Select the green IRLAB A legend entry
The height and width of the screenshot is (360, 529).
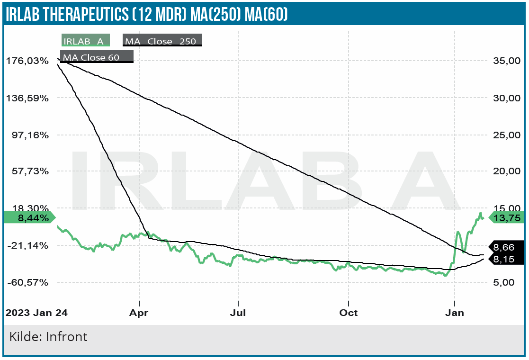(85, 41)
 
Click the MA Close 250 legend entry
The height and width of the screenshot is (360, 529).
(162, 41)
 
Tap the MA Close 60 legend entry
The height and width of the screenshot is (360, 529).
(97, 57)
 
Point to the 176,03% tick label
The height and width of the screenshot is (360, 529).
(27, 61)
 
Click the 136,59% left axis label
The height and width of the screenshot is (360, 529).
(27, 98)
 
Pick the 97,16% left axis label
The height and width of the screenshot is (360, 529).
(29, 135)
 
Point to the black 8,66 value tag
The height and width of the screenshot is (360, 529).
(504, 247)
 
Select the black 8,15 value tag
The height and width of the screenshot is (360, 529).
(504, 259)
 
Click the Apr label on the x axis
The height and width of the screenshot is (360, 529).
(140, 313)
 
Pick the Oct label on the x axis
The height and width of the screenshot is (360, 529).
(348, 313)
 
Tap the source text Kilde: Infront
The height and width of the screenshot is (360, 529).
(48, 337)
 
